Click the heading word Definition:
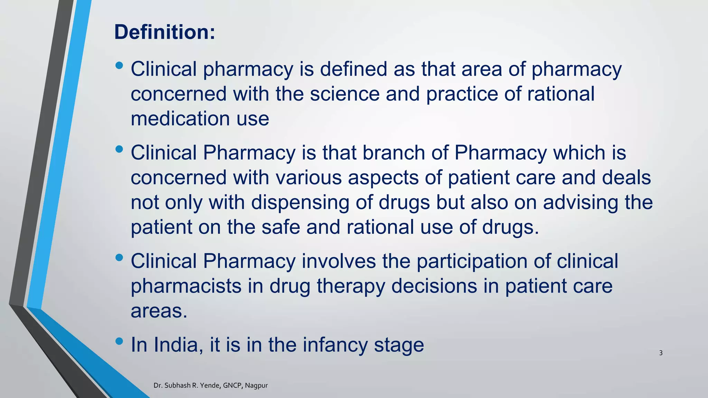[165, 32]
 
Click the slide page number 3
[661, 353]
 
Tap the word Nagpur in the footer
[256, 385]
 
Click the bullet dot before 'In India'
[119, 341]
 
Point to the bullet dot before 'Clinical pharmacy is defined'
[119, 65]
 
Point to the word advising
[580, 203]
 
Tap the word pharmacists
[186, 286]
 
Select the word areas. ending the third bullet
[159, 311]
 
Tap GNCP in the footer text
[232, 385]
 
